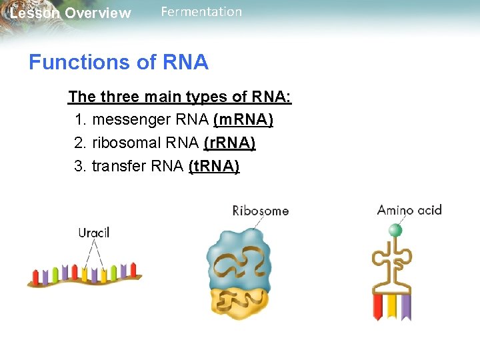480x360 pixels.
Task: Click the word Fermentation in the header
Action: tap(201, 12)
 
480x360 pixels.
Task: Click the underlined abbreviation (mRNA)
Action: tap(243, 120)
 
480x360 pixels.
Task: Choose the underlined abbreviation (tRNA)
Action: tap(214, 167)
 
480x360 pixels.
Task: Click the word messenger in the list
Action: tap(131, 120)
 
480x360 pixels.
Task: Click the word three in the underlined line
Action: tap(122, 97)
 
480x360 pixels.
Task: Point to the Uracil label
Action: tap(94, 233)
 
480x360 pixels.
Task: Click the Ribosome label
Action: tap(260, 211)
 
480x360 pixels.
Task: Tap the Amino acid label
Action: tap(409, 211)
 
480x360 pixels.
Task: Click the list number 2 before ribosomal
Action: tap(79, 143)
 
